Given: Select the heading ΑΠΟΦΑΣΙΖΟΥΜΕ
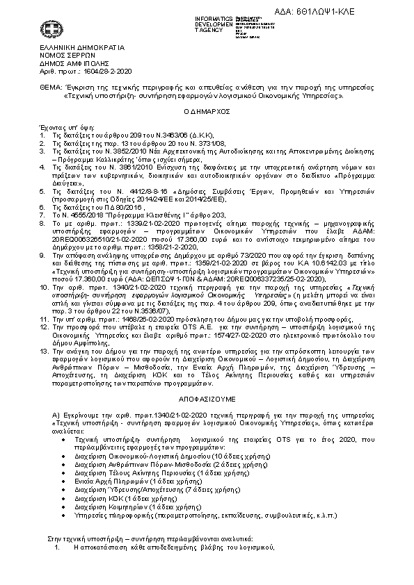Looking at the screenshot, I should coord(207,402).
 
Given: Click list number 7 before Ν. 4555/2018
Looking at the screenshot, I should coord(43,216).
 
